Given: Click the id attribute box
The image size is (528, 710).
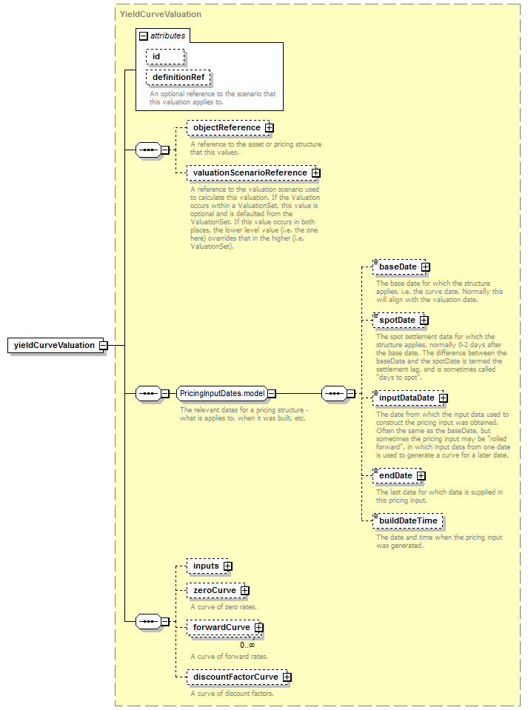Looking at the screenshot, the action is pos(165,56).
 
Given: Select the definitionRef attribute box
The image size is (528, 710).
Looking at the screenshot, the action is pos(178,78).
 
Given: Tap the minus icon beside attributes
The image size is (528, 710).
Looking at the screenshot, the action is pos(144,36).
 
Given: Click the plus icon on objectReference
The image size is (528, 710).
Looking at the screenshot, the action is pos(270,127).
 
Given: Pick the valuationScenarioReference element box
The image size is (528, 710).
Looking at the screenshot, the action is pos(251,173).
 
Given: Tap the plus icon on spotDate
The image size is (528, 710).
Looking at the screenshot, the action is pos(424,321).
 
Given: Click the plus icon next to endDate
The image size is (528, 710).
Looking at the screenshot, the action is pos(421,476).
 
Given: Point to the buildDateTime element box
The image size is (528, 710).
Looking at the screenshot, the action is pos(407,521).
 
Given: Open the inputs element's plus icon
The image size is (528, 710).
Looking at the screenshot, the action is pos(228,566).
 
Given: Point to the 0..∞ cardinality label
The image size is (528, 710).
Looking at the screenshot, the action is pos(247,646).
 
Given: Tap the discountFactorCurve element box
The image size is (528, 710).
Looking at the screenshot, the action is pos(237,677).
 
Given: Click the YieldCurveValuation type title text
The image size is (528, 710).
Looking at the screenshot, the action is pos(160,15).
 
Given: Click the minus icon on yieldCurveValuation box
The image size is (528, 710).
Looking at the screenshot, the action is pos(103,346).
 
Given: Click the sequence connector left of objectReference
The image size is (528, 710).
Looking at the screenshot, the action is pos(149,150).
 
